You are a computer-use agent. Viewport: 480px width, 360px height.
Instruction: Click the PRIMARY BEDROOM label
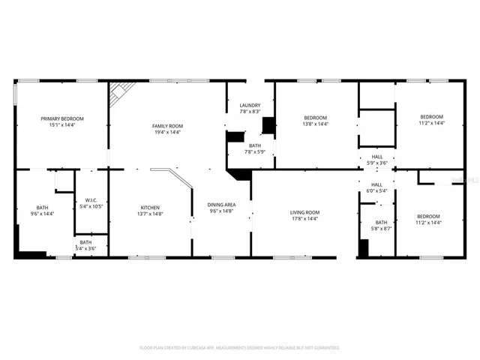62,118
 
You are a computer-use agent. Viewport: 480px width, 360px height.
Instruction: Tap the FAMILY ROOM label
167,126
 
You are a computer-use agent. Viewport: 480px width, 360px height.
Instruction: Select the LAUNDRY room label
250,105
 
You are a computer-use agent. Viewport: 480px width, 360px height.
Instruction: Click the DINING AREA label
221,205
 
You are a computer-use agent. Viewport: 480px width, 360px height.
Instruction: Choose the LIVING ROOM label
305,212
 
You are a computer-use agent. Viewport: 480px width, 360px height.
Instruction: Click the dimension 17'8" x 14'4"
305,219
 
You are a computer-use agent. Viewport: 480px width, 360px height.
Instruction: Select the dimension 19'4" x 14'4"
167,132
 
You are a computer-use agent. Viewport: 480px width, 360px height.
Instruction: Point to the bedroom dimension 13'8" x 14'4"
315,124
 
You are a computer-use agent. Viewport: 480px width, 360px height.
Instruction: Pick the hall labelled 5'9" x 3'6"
376,160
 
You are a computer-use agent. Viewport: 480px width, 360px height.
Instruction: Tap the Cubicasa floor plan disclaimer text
240,348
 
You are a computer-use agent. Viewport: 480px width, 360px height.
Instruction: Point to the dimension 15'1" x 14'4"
62,124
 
